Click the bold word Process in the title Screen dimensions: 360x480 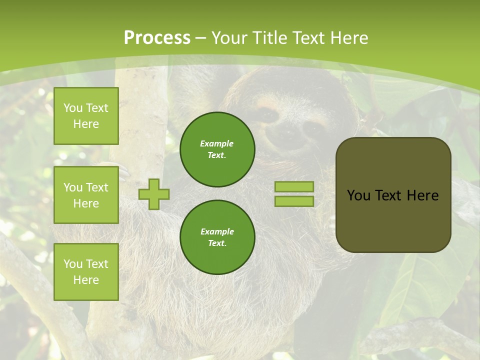157,38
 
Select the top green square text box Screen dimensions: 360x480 86,116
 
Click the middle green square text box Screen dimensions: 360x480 86,195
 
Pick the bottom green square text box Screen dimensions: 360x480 86,272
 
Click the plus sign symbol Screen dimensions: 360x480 154,194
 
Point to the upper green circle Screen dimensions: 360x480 217,149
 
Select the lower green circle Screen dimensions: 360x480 217,237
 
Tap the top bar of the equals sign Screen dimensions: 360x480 294,186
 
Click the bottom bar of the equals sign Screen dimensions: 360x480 294,201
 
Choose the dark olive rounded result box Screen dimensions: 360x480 393,195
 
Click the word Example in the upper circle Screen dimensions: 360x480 217,143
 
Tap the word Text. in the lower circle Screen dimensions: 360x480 217,243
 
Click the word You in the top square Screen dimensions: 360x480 73,108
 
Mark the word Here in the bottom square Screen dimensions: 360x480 86,280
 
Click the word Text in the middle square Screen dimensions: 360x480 96,187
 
